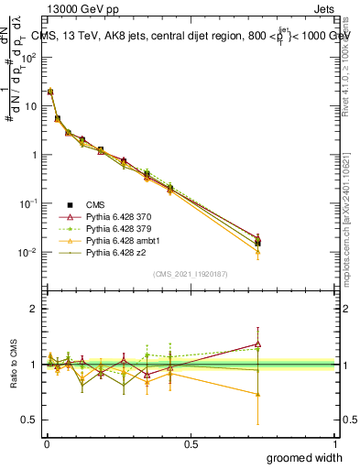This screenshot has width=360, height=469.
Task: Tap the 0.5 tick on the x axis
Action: click(191, 444)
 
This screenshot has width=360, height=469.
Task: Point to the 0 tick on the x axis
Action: click(46, 444)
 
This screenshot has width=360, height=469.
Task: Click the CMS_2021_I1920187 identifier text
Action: click(190, 274)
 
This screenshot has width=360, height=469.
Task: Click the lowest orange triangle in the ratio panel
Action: click(258, 395)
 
